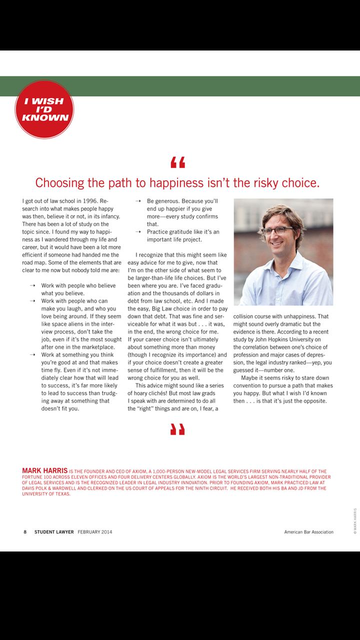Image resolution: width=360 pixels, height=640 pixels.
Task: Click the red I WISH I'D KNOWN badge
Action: click(44, 109)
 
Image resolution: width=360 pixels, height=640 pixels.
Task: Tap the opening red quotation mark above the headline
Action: click(177, 162)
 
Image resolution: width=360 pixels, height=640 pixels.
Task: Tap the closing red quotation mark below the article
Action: click(177, 428)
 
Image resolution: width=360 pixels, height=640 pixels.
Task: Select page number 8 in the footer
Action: click(25, 532)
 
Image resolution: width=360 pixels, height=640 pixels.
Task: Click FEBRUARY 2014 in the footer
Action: click(95, 532)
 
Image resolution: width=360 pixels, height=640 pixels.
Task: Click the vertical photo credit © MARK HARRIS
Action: click(354, 521)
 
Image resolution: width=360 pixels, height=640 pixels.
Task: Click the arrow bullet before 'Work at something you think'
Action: click(32, 354)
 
